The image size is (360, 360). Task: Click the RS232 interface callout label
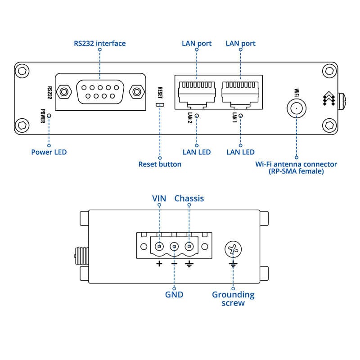(99, 43)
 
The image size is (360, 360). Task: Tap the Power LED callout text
(49, 152)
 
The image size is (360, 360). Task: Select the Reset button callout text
(160, 164)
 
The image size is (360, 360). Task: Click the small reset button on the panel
(160, 105)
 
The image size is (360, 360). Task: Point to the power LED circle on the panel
(49, 116)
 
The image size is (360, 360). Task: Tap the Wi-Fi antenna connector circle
(297, 108)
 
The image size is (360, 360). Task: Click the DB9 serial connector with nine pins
(100, 92)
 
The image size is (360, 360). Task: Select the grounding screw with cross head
(233, 249)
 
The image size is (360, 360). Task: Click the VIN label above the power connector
(159, 198)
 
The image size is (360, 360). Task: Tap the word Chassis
(189, 198)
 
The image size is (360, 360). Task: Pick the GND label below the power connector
(174, 295)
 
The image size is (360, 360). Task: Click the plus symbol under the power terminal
(159, 264)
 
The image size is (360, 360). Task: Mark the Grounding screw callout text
(233, 299)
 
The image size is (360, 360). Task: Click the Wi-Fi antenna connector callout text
(296, 167)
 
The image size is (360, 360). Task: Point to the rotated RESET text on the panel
(160, 93)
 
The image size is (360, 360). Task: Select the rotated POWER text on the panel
(43, 116)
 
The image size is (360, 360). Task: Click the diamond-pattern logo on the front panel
(329, 99)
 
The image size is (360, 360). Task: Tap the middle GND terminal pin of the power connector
(174, 247)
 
